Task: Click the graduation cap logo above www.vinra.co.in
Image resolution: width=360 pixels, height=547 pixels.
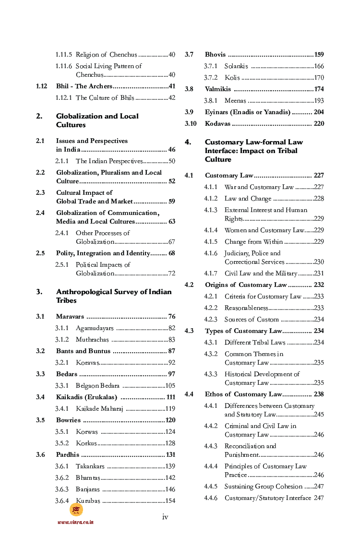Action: point(76,510)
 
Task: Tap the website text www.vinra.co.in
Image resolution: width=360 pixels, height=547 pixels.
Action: point(75,522)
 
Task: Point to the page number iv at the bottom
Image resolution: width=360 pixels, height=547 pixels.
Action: point(165,516)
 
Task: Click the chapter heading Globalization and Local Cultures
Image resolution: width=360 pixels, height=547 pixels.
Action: point(97,120)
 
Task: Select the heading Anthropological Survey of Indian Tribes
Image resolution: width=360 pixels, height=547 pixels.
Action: point(113,296)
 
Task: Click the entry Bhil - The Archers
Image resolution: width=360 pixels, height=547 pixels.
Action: point(84,86)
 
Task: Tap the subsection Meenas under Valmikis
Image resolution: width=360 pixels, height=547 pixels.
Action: point(235,101)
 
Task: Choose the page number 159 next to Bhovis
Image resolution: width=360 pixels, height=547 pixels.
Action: point(319,55)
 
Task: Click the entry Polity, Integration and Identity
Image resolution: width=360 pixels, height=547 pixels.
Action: point(103,253)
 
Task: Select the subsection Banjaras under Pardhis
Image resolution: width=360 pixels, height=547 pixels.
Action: point(88,489)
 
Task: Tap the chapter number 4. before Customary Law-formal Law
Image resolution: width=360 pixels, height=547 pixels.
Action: point(188,142)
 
